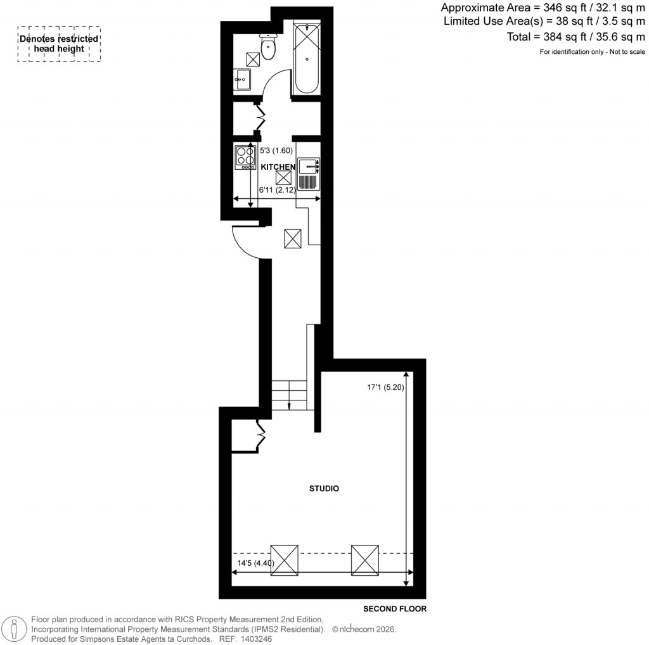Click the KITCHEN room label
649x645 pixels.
tap(278, 167)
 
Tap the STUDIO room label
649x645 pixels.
tap(324, 489)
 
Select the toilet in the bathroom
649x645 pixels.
tap(269, 46)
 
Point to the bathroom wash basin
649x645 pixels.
tap(242, 79)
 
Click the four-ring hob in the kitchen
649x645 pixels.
tap(245, 158)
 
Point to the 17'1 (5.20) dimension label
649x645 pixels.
tap(385, 386)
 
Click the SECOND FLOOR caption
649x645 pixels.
tap(394, 609)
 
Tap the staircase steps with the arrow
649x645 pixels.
tap(289, 394)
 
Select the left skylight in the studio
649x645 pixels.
tap(283, 559)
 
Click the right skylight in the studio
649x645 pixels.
tap(364, 559)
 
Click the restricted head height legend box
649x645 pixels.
tap(59, 44)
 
